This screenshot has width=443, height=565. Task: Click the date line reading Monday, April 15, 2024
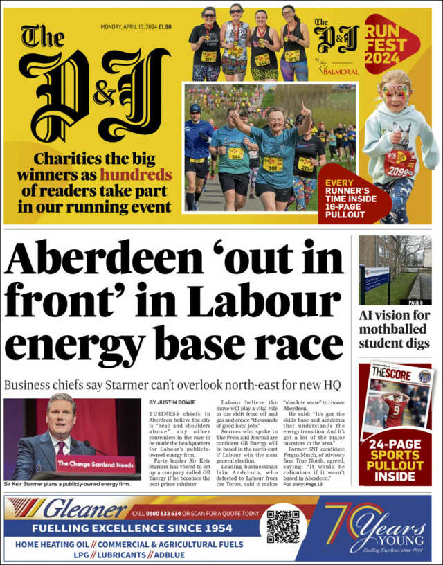tap(136, 27)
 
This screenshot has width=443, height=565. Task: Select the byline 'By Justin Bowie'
tap(172, 402)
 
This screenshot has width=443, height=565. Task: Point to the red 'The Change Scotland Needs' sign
tap(94, 463)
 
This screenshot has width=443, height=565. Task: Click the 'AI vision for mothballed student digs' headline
tap(395, 329)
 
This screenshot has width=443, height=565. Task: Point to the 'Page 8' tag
tap(416, 303)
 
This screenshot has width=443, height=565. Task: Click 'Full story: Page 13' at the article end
tap(302, 483)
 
